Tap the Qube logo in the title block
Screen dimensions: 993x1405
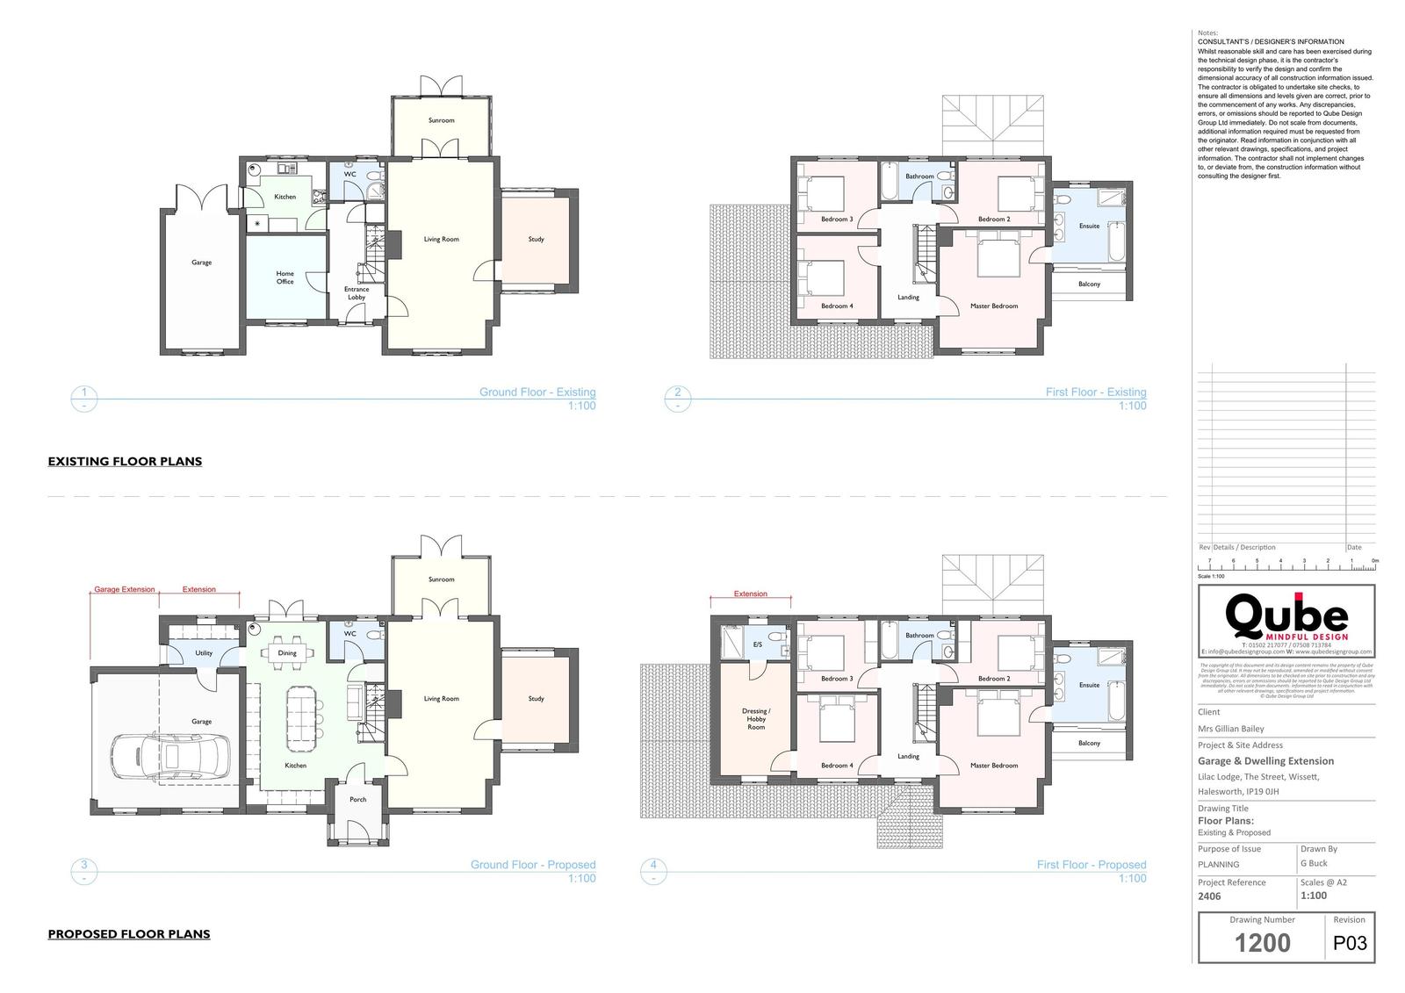1286,617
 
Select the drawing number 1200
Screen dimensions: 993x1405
1262,943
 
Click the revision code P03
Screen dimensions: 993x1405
1350,944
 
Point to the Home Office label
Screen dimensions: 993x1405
285,277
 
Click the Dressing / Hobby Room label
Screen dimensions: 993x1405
756,719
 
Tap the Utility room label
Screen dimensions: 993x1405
204,653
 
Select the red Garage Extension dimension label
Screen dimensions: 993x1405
125,590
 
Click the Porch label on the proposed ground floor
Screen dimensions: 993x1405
358,800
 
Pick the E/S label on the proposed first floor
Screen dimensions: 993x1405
758,645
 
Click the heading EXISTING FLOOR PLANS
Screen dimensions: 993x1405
125,462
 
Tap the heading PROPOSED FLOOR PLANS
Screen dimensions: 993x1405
129,934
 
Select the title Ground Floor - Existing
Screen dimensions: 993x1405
537,392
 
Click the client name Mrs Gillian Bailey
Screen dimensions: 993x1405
1230,729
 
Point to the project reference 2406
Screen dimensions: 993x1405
1209,897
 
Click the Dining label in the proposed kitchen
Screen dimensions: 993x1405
287,653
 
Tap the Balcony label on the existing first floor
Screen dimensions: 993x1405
1089,284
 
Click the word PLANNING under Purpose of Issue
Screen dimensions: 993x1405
1218,865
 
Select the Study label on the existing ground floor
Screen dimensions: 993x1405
537,240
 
